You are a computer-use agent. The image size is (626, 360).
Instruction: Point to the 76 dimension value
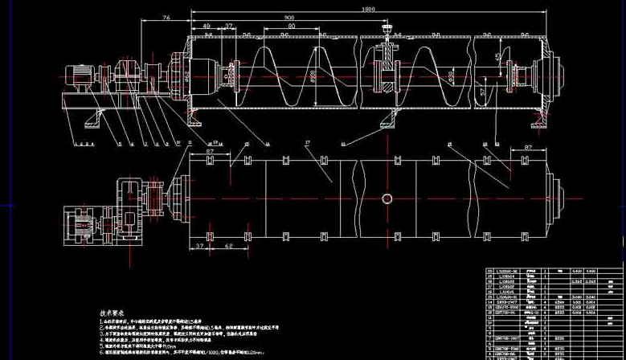point(166,17)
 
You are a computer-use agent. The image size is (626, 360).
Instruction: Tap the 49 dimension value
point(207,27)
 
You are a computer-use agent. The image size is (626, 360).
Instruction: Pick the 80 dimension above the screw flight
point(291,27)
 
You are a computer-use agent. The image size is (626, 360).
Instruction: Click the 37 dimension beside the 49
point(229,27)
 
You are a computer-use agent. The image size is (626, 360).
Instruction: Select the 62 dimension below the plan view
point(229,246)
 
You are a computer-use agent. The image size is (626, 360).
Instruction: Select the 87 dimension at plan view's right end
point(529,148)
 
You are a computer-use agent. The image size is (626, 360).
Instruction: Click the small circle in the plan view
point(387,198)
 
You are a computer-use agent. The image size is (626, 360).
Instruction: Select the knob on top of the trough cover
point(390,34)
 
